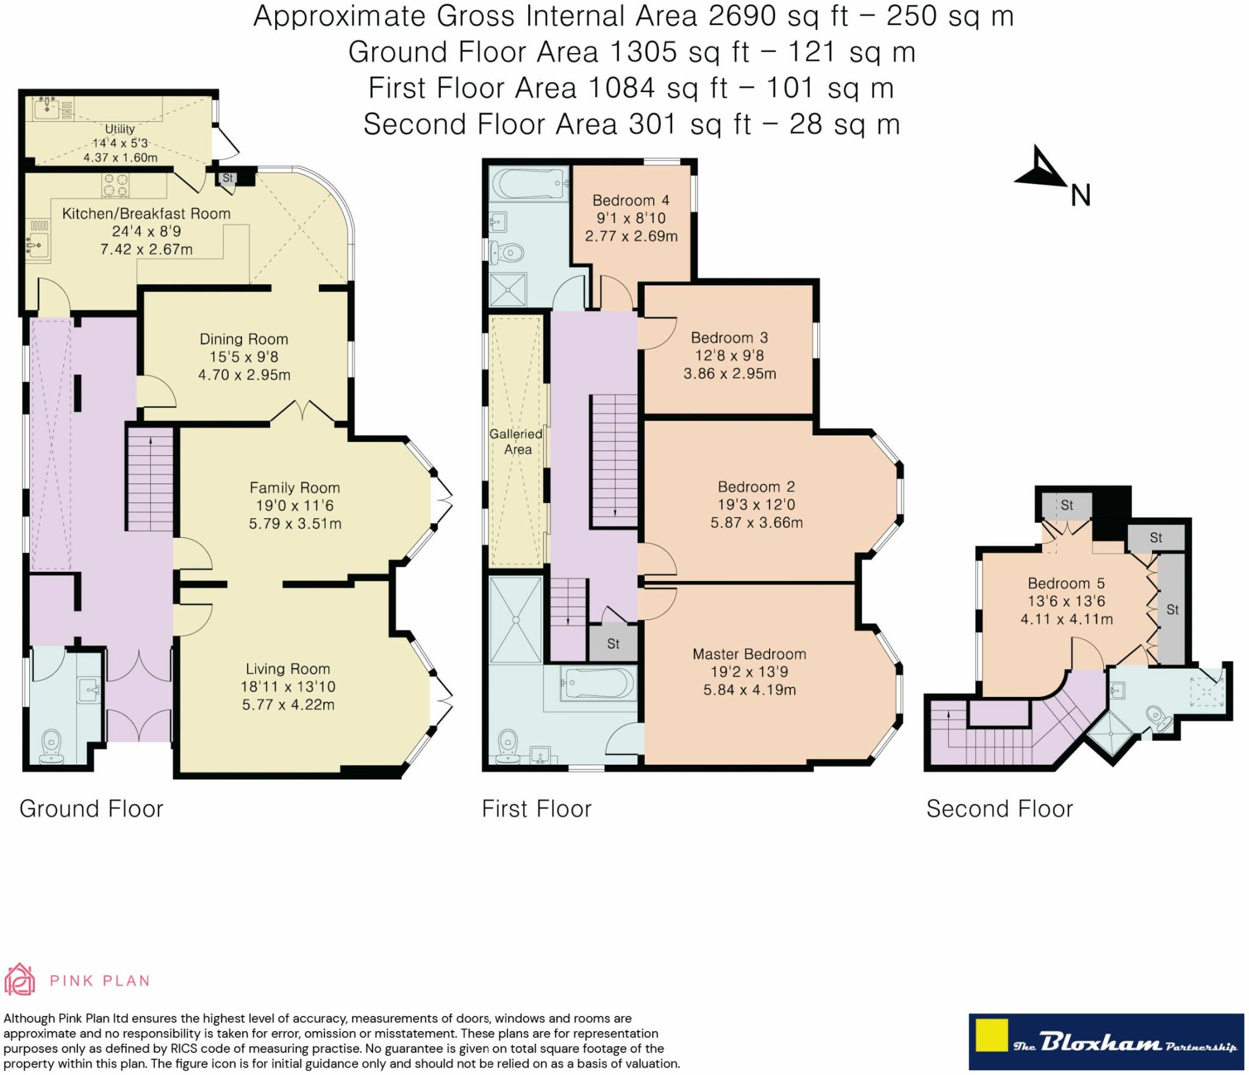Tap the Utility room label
[120, 129]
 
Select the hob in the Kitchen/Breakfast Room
[116, 185]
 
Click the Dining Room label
[244, 339]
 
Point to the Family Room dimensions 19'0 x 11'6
[295, 505]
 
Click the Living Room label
[288, 669]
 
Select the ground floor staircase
[149, 479]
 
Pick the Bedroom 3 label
[729, 338]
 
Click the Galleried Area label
[516, 441]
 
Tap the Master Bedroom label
[750, 654]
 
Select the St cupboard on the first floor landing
[613, 643]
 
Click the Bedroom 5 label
[1066, 584]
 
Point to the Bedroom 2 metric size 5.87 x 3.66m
[756, 523]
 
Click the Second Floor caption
[1000, 809]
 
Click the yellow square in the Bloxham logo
[992, 1035]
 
